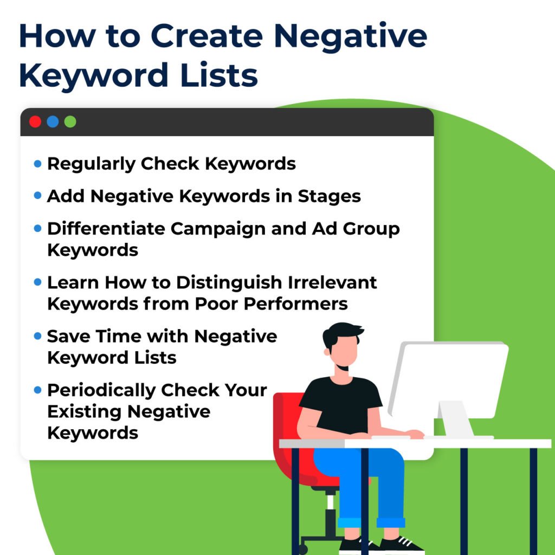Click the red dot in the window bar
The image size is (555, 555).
[35, 122]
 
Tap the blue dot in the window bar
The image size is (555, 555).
[53, 122]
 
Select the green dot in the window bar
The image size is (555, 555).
[70, 122]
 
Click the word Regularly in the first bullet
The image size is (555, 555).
[91, 164]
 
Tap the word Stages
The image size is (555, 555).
[329, 196]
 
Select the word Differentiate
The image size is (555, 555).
[106, 229]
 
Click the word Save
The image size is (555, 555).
[68, 336]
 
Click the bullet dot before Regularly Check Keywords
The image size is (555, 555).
[37, 163]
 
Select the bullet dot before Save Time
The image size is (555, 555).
[37, 336]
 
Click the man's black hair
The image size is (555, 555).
[341, 332]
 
